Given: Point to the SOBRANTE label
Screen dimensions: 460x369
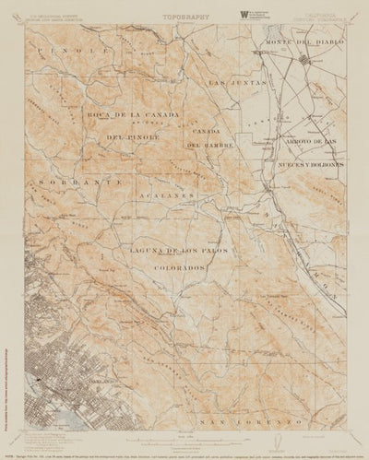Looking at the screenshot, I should [65, 183].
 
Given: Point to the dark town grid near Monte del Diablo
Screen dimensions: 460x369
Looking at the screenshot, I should [308, 61].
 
